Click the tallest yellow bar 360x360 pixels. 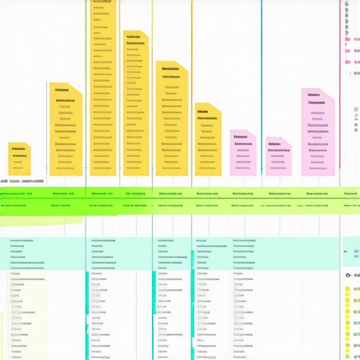pos(103,91)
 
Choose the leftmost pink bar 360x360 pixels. pos(243,153)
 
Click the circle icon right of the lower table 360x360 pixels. pos(348,276)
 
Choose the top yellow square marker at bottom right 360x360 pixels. pos(347,289)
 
